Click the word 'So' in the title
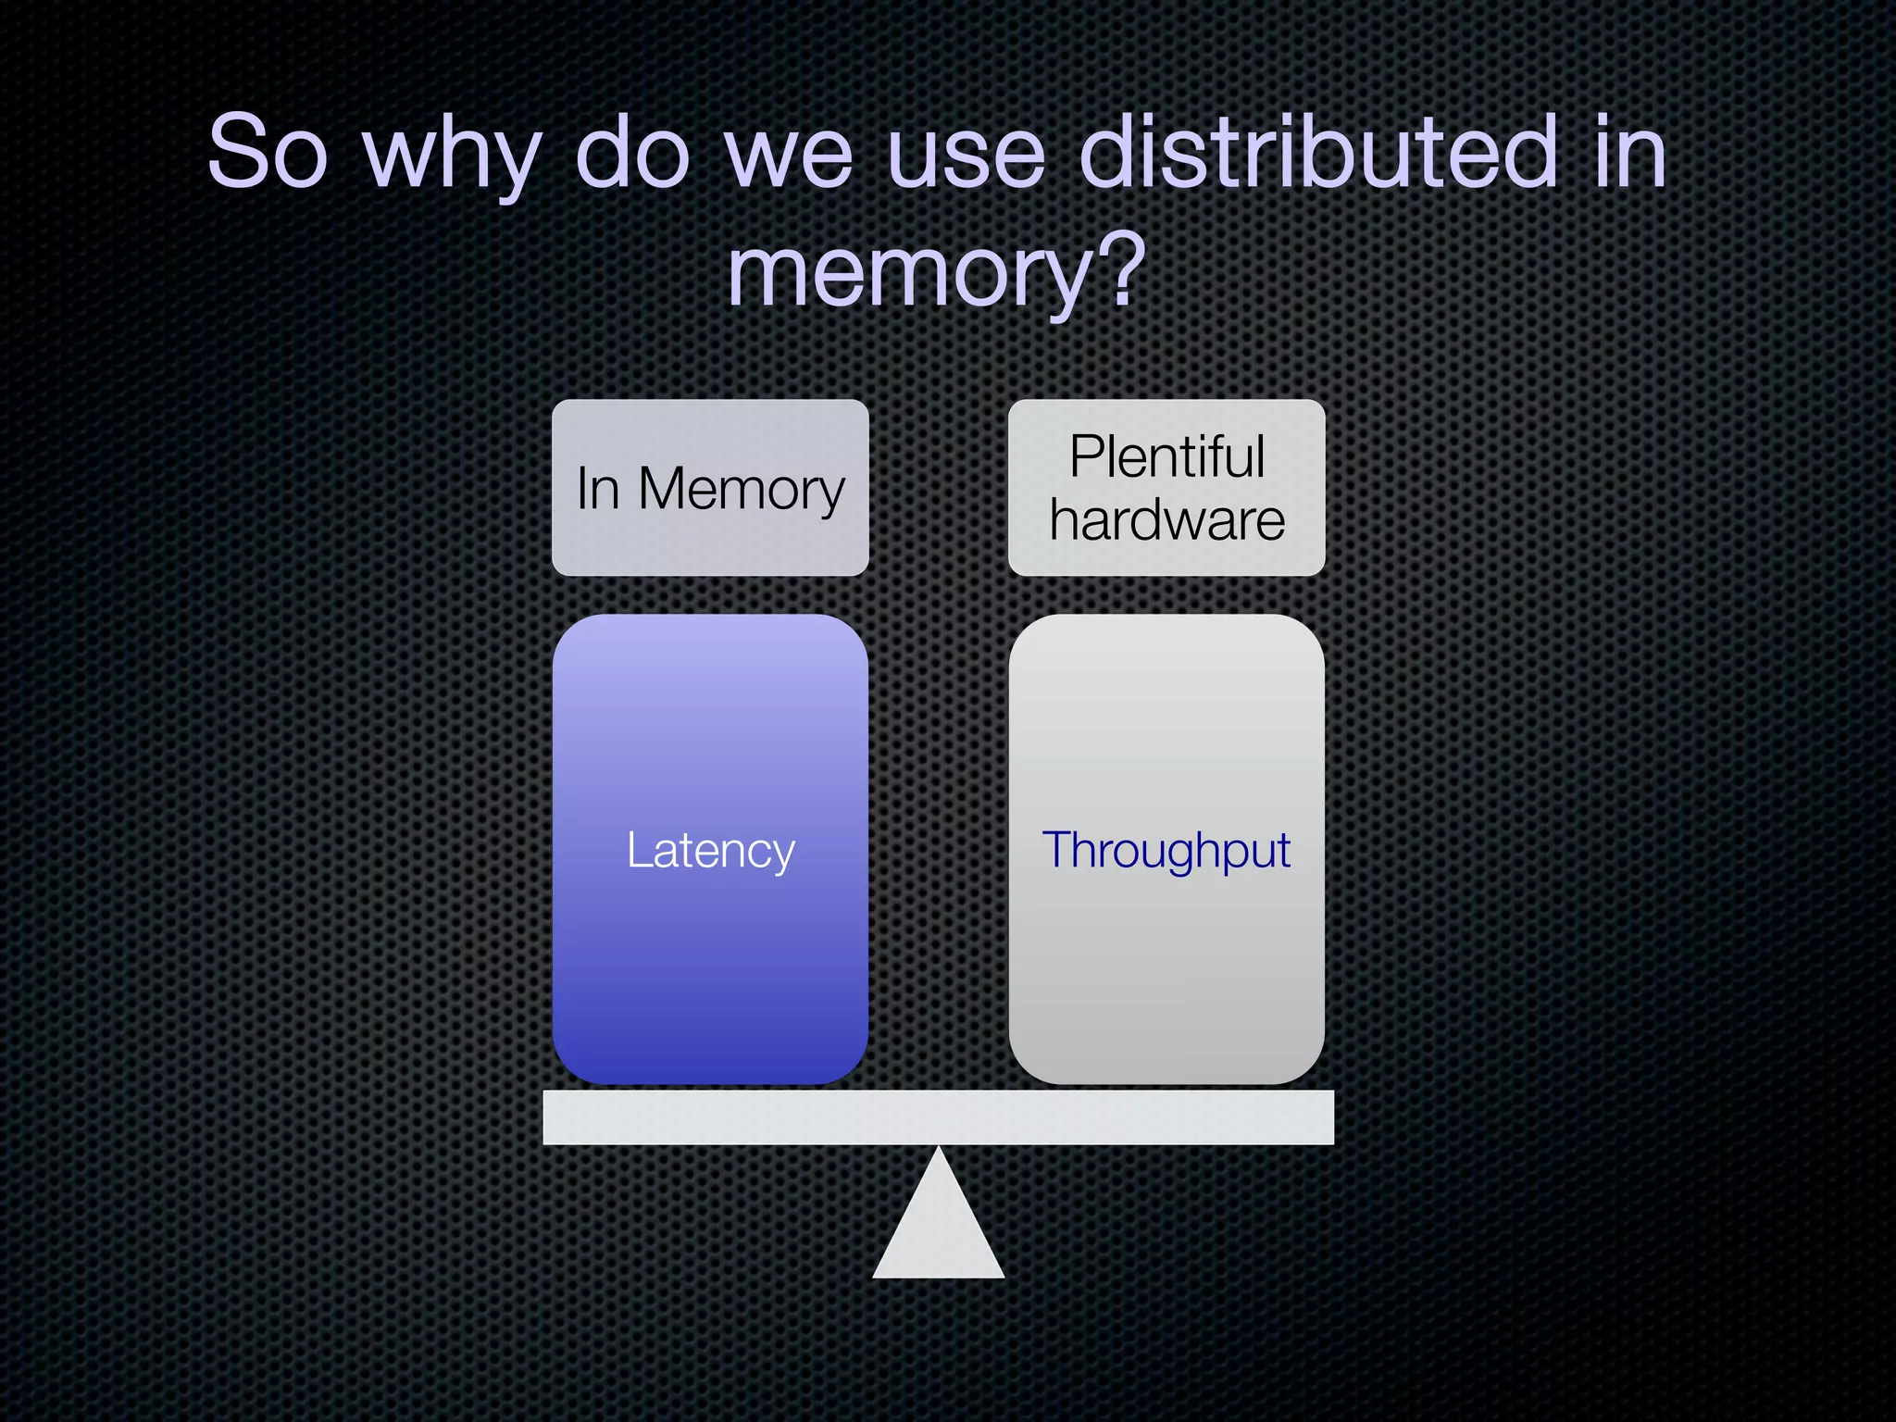268,153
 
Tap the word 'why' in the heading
452,157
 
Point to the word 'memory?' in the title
936,273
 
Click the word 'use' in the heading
966,157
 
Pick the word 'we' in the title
789,157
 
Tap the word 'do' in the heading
632,153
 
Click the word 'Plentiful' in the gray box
1166,457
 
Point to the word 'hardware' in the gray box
1166,520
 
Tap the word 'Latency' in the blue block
710,851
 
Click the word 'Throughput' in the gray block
1166,851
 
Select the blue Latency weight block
710,972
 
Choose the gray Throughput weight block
1166,972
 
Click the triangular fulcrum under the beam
938,1231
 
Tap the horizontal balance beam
938,1117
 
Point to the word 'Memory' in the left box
741,489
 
